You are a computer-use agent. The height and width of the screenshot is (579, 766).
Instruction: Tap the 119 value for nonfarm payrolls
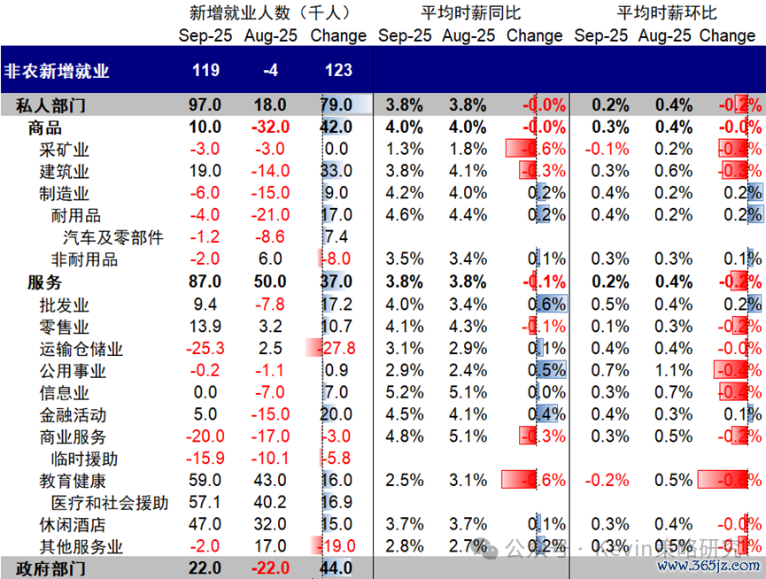pyautogui.click(x=205, y=71)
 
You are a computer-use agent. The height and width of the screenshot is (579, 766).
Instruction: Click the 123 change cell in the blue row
pyautogui.click(x=338, y=71)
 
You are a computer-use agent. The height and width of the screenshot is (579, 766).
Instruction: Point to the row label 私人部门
pyautogui.click(x=51, y=105)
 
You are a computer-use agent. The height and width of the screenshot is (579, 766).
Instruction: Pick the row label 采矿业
pyautogui.click(x=65, y=150)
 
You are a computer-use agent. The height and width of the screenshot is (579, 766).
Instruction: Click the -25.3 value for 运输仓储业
pyautogui.click(x=205, y=348)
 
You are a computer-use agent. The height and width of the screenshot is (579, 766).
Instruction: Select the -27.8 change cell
pyautogui.click(x=339, y=348)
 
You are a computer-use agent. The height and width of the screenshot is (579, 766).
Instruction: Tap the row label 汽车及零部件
pyautogui.click(x=113, y=237)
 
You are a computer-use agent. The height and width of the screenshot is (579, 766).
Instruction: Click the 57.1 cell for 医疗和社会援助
pyautogui.click(x=205, y=503)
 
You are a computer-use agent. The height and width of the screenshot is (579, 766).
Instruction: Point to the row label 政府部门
pyautogui.click(x=51, y=568)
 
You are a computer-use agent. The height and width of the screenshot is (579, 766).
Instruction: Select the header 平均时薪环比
pyautogui.click(x=667, y=12)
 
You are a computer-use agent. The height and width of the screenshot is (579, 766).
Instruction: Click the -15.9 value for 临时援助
pyautogui.click(x=205, y=459)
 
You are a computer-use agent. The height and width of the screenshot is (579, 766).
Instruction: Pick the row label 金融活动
pyautogui.click(x=73, y=414)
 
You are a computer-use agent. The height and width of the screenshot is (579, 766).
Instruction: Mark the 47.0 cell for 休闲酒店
pyautogui.click(x=205, y=525)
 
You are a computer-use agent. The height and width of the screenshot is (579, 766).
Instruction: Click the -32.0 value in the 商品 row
pyautogui.click(x=269, y=127)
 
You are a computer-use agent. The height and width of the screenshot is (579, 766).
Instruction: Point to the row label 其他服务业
pyautogui.click(x=81, y=547)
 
